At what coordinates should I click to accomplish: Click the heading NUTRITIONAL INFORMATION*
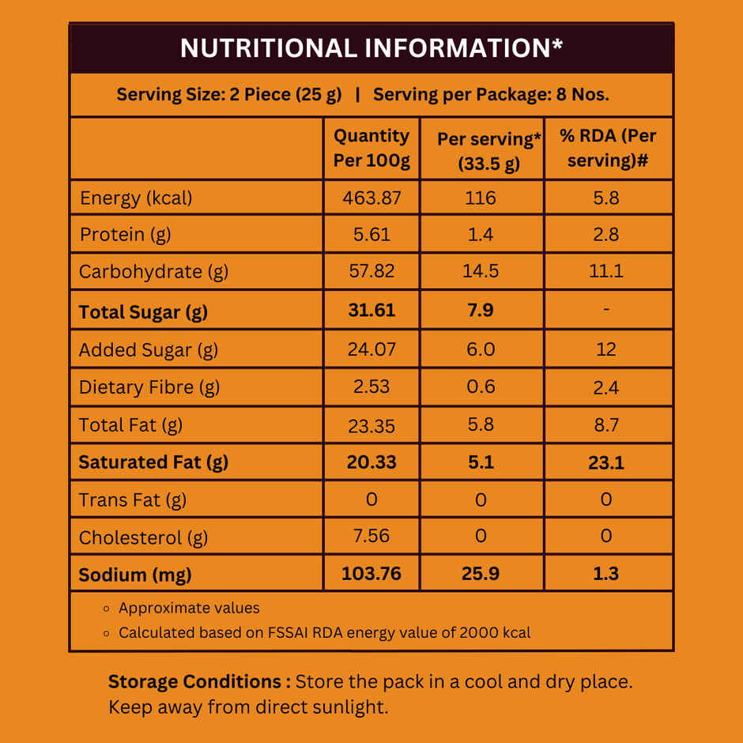tap(371, 48)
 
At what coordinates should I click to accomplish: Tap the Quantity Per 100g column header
tap(371, 148)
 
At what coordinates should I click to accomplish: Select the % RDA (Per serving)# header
tap(608, 148)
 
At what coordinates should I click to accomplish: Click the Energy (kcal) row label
tap(136, 198)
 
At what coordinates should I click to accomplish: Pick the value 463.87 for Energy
tap(371, 198)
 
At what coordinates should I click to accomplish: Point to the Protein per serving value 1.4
tap(481, 235)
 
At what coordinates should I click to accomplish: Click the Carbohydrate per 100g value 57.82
tap(371, 271)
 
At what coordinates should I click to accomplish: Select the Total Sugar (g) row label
tap(143, 311)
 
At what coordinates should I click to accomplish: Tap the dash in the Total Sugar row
tap(606, 310)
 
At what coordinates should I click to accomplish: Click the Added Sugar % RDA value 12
tap(606, 349)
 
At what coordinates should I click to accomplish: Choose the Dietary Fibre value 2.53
tap(371, 387)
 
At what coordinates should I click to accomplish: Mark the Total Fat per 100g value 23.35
tap(371, 425)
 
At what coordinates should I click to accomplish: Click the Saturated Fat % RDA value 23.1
tap(606, 462)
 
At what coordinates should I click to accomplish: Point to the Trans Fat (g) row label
tap(133, 500)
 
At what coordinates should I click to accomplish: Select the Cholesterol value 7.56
tap(371, 536)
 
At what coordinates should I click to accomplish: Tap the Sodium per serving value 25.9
tap(481, 574)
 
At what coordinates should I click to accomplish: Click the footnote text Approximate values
tap(189, 608)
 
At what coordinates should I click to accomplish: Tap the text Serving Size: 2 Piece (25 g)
tap(229, 95)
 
